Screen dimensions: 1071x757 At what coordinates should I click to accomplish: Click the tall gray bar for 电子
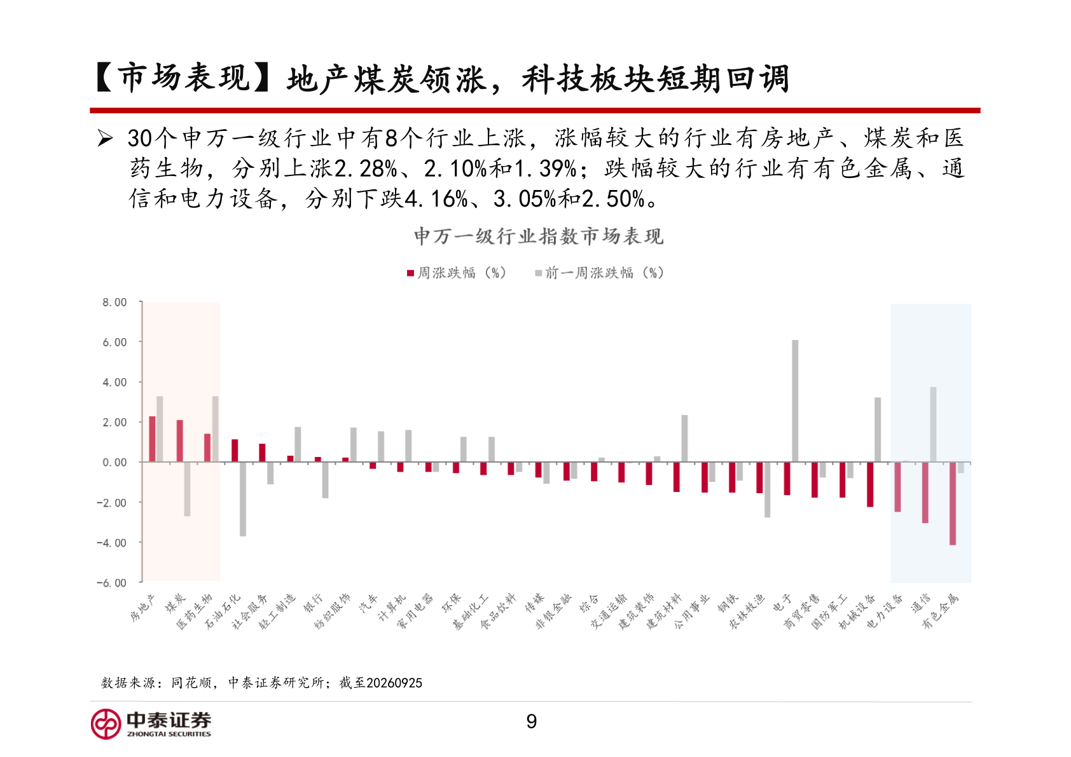click(x=795, y=401)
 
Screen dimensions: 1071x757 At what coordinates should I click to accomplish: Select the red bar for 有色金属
click(x=953, y=503)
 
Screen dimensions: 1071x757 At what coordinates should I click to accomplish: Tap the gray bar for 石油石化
click(x=243, y=499)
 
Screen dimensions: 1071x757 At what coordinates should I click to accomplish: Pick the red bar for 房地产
click(x=152, y=439)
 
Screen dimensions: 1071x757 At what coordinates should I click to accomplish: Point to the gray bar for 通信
click(x=933, y=425)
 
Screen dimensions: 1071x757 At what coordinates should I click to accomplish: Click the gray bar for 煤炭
click(x=187, y=489)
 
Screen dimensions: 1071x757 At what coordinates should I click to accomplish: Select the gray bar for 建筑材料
click(x=685, y=438)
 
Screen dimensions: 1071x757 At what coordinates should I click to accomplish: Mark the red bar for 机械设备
click(x=870, y=484)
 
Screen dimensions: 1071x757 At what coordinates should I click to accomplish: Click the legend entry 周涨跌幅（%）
click(x=457, y=273)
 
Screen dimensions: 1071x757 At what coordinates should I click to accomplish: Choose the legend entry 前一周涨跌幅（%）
click(x=600, y=273)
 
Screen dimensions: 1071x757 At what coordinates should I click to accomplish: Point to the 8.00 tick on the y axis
click(x=114, y=302)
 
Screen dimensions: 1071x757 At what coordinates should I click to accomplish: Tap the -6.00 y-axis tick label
click(x=112, y=583)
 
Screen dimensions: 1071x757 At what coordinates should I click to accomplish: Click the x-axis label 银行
click(x=313, y=603)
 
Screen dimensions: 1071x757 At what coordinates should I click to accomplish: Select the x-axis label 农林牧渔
click(x=747, y=611)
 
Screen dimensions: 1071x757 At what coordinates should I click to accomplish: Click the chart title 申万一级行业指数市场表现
click(x=539, y=236)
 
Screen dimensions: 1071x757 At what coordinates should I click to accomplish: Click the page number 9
click(x=531, y=721)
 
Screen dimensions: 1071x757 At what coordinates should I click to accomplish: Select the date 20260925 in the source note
click(x=394, y=683)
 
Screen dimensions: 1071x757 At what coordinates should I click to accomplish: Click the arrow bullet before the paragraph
click(x=105, y=139)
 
